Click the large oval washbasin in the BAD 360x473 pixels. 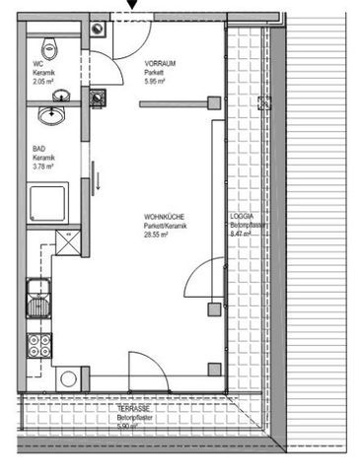click(49, 116)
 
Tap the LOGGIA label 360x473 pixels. click(243, 217)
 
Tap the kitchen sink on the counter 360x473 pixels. click(39, 297)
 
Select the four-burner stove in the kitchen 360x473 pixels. click(41, 347)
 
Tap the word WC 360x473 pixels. click(36, 66)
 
